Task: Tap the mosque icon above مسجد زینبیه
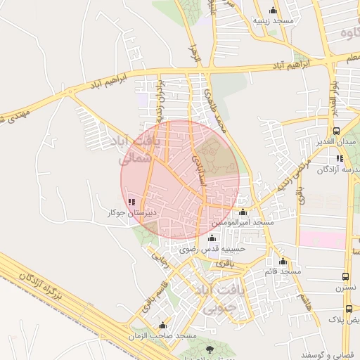[273, 11]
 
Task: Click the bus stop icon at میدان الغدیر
[336, 131]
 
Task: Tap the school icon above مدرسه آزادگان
[341, 158]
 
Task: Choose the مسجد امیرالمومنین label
[243, 222]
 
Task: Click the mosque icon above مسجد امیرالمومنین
[243, 212]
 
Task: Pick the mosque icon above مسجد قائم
[283, 260]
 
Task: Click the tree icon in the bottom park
[209, 348]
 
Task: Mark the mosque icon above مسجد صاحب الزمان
[163, 326]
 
